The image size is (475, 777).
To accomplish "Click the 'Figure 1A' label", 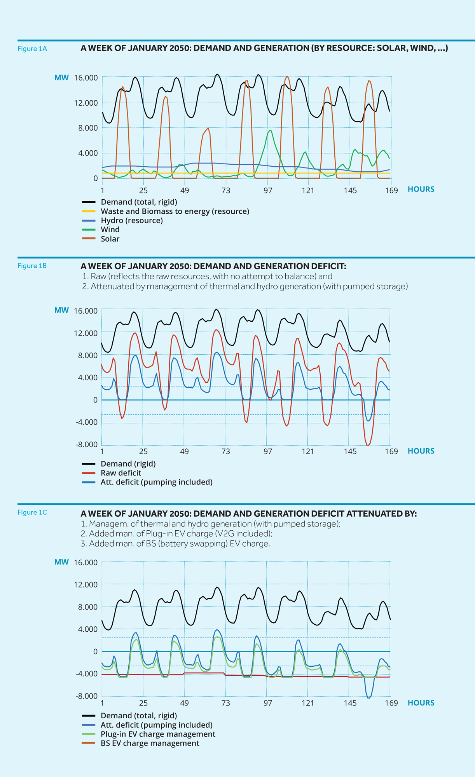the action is click(x=32, y=49).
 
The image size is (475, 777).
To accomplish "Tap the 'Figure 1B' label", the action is click(x=32, y=266).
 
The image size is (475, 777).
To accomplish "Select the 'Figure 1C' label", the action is click(x=32, y=512).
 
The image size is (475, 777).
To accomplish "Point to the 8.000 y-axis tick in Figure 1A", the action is click(x=88, y=128).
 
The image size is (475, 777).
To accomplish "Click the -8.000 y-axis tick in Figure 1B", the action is click(x=86, y=445).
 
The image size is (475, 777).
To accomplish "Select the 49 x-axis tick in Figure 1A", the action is click(x=184, y=190).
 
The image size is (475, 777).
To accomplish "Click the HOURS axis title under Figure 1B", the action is click(x=421, y=451).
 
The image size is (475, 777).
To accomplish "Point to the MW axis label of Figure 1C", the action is click(x=61, y=562).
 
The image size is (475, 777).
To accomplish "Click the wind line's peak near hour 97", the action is click(x=270, y=130).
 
